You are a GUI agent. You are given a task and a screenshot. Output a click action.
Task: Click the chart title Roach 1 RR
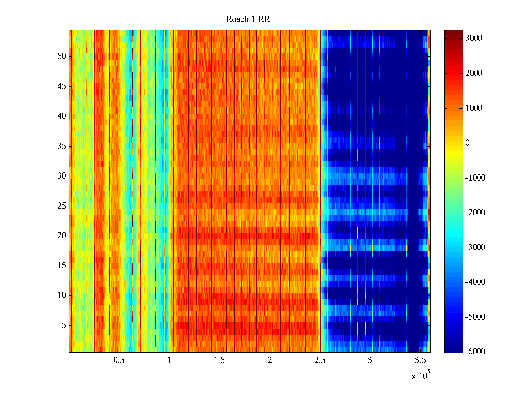click(248, 19)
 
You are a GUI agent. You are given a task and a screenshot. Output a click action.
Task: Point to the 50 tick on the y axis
click(62, 56)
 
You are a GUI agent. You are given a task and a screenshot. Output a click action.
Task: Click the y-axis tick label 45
click(62, 86)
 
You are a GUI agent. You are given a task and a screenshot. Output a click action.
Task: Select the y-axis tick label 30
click(62, 176)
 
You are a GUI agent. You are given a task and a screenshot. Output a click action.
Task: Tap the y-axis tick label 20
click(62, 236)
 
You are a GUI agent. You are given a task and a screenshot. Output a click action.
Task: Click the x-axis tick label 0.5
click(119, 360)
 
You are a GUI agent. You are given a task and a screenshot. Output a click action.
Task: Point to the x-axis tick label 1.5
click(219, 360)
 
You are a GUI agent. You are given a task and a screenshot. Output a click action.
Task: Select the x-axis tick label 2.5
click(320, 360)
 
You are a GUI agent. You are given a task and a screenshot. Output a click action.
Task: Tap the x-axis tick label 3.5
click(420, 360)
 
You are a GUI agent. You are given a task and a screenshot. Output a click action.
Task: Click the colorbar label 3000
click(474, 38)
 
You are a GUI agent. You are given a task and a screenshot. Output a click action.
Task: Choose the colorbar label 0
click(467, 143)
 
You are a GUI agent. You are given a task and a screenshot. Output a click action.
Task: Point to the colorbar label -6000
click(475, 352)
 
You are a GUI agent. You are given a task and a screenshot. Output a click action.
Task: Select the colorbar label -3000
click(475, 247)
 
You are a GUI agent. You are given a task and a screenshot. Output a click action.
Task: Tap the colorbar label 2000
click(474, 73)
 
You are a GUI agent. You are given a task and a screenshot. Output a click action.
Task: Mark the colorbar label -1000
click(475, 178)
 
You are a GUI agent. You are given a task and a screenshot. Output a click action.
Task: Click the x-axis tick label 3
click(370, 360)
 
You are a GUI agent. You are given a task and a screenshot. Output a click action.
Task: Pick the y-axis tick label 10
click(62, 295)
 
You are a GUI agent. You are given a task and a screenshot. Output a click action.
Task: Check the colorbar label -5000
click(475, 317)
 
